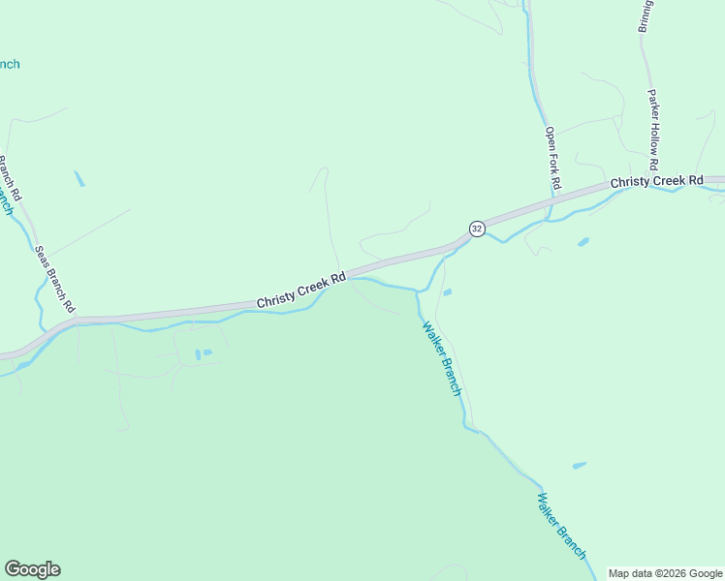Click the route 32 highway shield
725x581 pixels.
(477, 229)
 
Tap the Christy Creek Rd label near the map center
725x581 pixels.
(301, 290)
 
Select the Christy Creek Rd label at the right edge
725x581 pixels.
(656, 182)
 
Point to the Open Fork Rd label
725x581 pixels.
(552, 157)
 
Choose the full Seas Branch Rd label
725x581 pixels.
(55, 278)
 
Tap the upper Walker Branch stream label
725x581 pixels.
(441, 357)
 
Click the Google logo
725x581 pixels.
(32, 569)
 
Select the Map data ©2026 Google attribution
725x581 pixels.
(665, 573)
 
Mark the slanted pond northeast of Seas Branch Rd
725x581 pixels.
(79, 178)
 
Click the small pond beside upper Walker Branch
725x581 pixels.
(447, 291)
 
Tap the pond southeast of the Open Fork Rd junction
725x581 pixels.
(583, 242)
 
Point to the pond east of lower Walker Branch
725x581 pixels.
(579, 466)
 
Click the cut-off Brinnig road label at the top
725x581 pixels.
(645, 16)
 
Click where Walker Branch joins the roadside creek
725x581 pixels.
(418, 290)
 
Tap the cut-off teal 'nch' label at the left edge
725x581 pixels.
(8, 65)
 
